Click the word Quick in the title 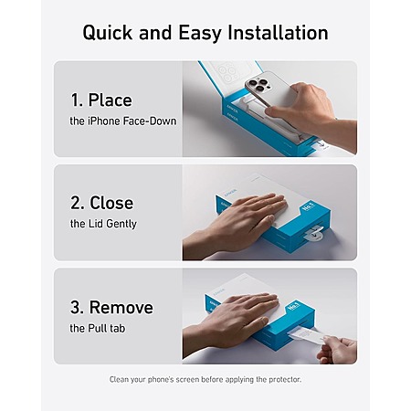click(x=108, y=33)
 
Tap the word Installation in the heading click(x=278, y=32)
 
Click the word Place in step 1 click(x=111, y=100)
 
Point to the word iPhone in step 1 click(x=104, y=121)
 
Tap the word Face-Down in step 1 click(x=150, y=121)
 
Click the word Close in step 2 click(x=111, y=203)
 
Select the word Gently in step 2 click(x=121, y=225)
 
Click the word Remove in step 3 click(x=121, y=307)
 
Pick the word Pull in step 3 click(x=98, y=328)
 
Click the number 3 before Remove click(x=75, y=307)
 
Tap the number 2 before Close click(x=75, y=203)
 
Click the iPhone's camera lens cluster click(x=258, y=84)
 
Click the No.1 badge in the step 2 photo click(x=309, y=207)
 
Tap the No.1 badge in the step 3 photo click(x=294, y=306)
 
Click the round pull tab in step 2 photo click(x=311, y=235)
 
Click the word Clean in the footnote click(x=119, y=379)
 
